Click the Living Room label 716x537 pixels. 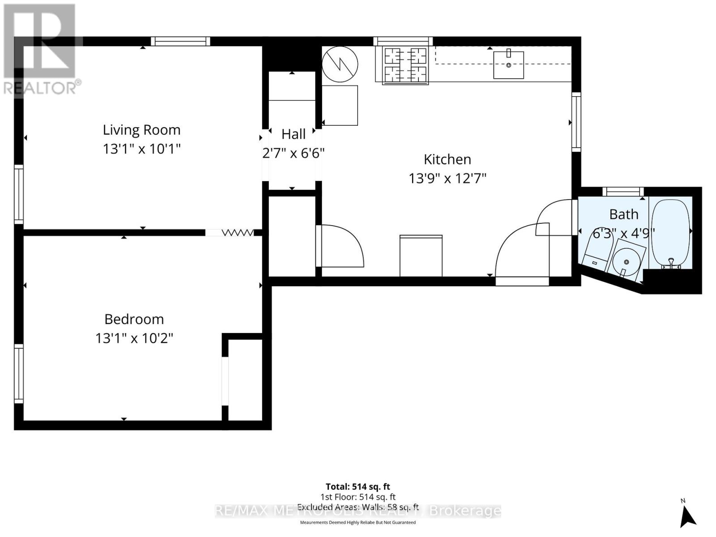tap(141, 130)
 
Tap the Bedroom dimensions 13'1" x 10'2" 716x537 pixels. tap(134, 338)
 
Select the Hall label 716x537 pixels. tap(294, 134)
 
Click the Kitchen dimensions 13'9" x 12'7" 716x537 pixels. tap(447, 178)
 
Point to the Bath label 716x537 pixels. tap(623, 214)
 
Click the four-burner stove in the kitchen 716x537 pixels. tap(405, 65)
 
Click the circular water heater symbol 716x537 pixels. tap(340, 64)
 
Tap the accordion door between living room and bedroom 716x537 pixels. tap(237, 233)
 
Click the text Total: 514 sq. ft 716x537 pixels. tap(358, 486)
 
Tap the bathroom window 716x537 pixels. tap(623, 192)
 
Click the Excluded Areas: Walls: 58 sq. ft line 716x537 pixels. tap(358, 507)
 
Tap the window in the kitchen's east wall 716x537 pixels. tap(576, 122)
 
